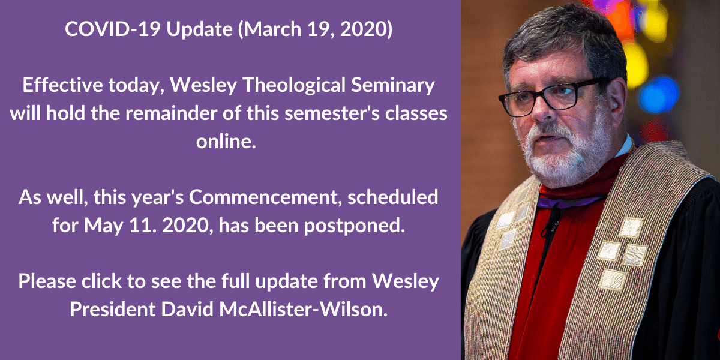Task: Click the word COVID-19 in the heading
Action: click(x=113, y=29)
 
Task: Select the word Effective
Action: click(x=62, y=85)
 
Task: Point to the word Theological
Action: click(x=294, y=86)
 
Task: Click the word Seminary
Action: click(x=393, y=86)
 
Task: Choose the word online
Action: click(x=226, y=142)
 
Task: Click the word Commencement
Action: click(x=265, y=197)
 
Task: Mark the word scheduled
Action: click(x=392, y=197)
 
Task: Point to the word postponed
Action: click(x=354, y=226)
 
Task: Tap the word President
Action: click(x=113, y=309)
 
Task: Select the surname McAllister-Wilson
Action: click(x=303, y=309)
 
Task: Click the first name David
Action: click(x=187, y=309)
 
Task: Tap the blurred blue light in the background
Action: click(x=658, y=95)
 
